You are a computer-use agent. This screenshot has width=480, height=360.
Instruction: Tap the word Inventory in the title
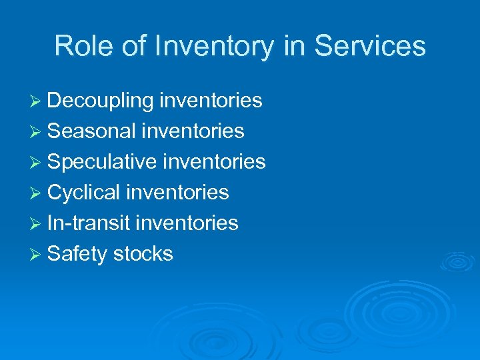pos(213,46)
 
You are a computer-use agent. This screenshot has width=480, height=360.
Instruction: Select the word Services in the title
pos(369,46)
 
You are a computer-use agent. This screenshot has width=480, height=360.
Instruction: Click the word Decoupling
pos(101,101)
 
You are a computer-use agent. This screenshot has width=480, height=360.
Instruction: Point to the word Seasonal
pos(92,131)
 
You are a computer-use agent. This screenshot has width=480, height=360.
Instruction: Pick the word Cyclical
pos(84,193)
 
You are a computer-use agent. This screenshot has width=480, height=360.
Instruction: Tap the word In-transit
pos(89,223)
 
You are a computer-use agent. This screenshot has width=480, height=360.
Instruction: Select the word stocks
pos(143,254)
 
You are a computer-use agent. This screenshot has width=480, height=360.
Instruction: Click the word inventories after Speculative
pos(214,162)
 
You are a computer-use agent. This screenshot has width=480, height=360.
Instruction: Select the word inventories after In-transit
pos(187,223)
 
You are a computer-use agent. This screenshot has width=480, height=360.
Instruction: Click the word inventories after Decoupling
pos(211,101)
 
